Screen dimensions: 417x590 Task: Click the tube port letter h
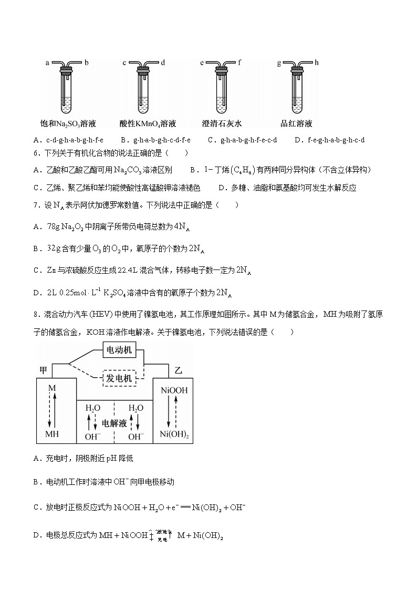(317, 63)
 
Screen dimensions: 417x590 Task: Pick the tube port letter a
(47, 63)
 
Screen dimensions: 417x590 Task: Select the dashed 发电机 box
(119, 378)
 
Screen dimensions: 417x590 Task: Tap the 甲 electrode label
(44, 370)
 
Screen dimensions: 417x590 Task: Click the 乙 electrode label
(178, 371)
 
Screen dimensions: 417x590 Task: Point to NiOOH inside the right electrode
(174, 390)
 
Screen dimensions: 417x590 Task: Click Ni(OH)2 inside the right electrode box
(174, 434)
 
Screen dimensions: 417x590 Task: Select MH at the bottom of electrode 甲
(52, 434)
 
